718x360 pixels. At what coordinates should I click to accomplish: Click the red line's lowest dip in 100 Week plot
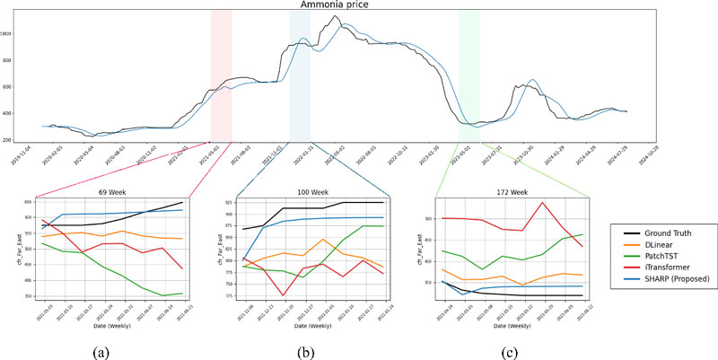(284, 295)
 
